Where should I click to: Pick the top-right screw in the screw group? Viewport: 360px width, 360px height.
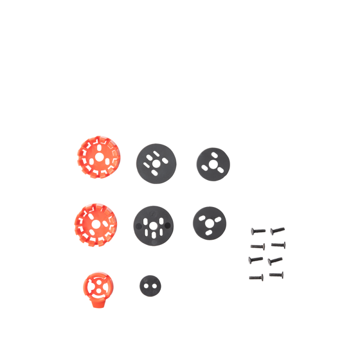click(277, 231)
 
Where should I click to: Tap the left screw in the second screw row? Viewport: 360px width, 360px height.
click(257, 246)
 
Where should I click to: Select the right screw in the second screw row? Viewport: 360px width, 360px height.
click(278, 244)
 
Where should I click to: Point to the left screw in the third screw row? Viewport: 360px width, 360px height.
click(256, 260)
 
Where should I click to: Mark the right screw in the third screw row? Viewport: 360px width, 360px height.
click(274, 260)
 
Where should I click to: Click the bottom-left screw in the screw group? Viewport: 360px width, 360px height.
click(256, 277)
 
